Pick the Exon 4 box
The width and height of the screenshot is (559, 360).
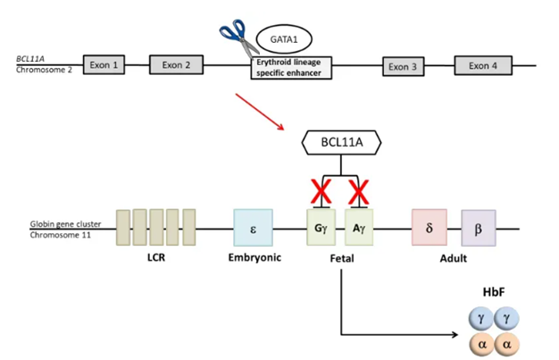[x=483, y=65]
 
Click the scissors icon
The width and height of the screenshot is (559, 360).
[x=235, y=35]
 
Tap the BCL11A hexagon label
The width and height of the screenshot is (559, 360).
[x=344, y=141]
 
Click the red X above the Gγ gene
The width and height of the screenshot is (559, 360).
[x=320, y=191]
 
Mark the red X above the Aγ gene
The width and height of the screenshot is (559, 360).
[x=359, y=191]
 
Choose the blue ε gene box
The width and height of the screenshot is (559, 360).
[x=252, y=229]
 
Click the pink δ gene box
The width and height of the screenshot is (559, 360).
[x=429, y=228]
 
